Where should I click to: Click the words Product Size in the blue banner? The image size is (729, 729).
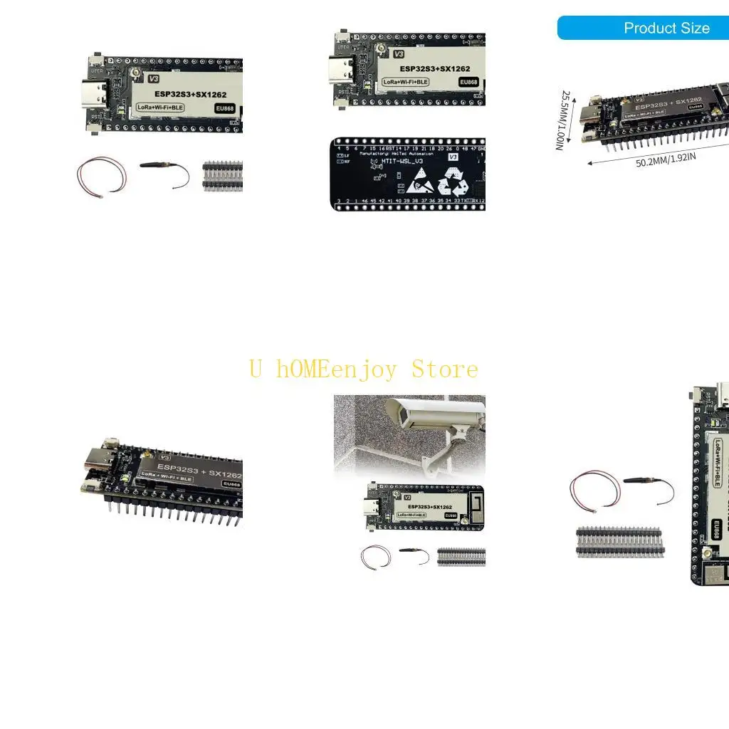point(666,28)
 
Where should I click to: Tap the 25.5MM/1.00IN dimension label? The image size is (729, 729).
point(564,120)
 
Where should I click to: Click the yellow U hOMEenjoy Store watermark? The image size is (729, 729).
point(364,369)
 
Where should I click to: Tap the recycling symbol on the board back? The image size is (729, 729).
point(453,182)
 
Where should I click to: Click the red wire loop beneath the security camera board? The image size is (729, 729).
point(375,556)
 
